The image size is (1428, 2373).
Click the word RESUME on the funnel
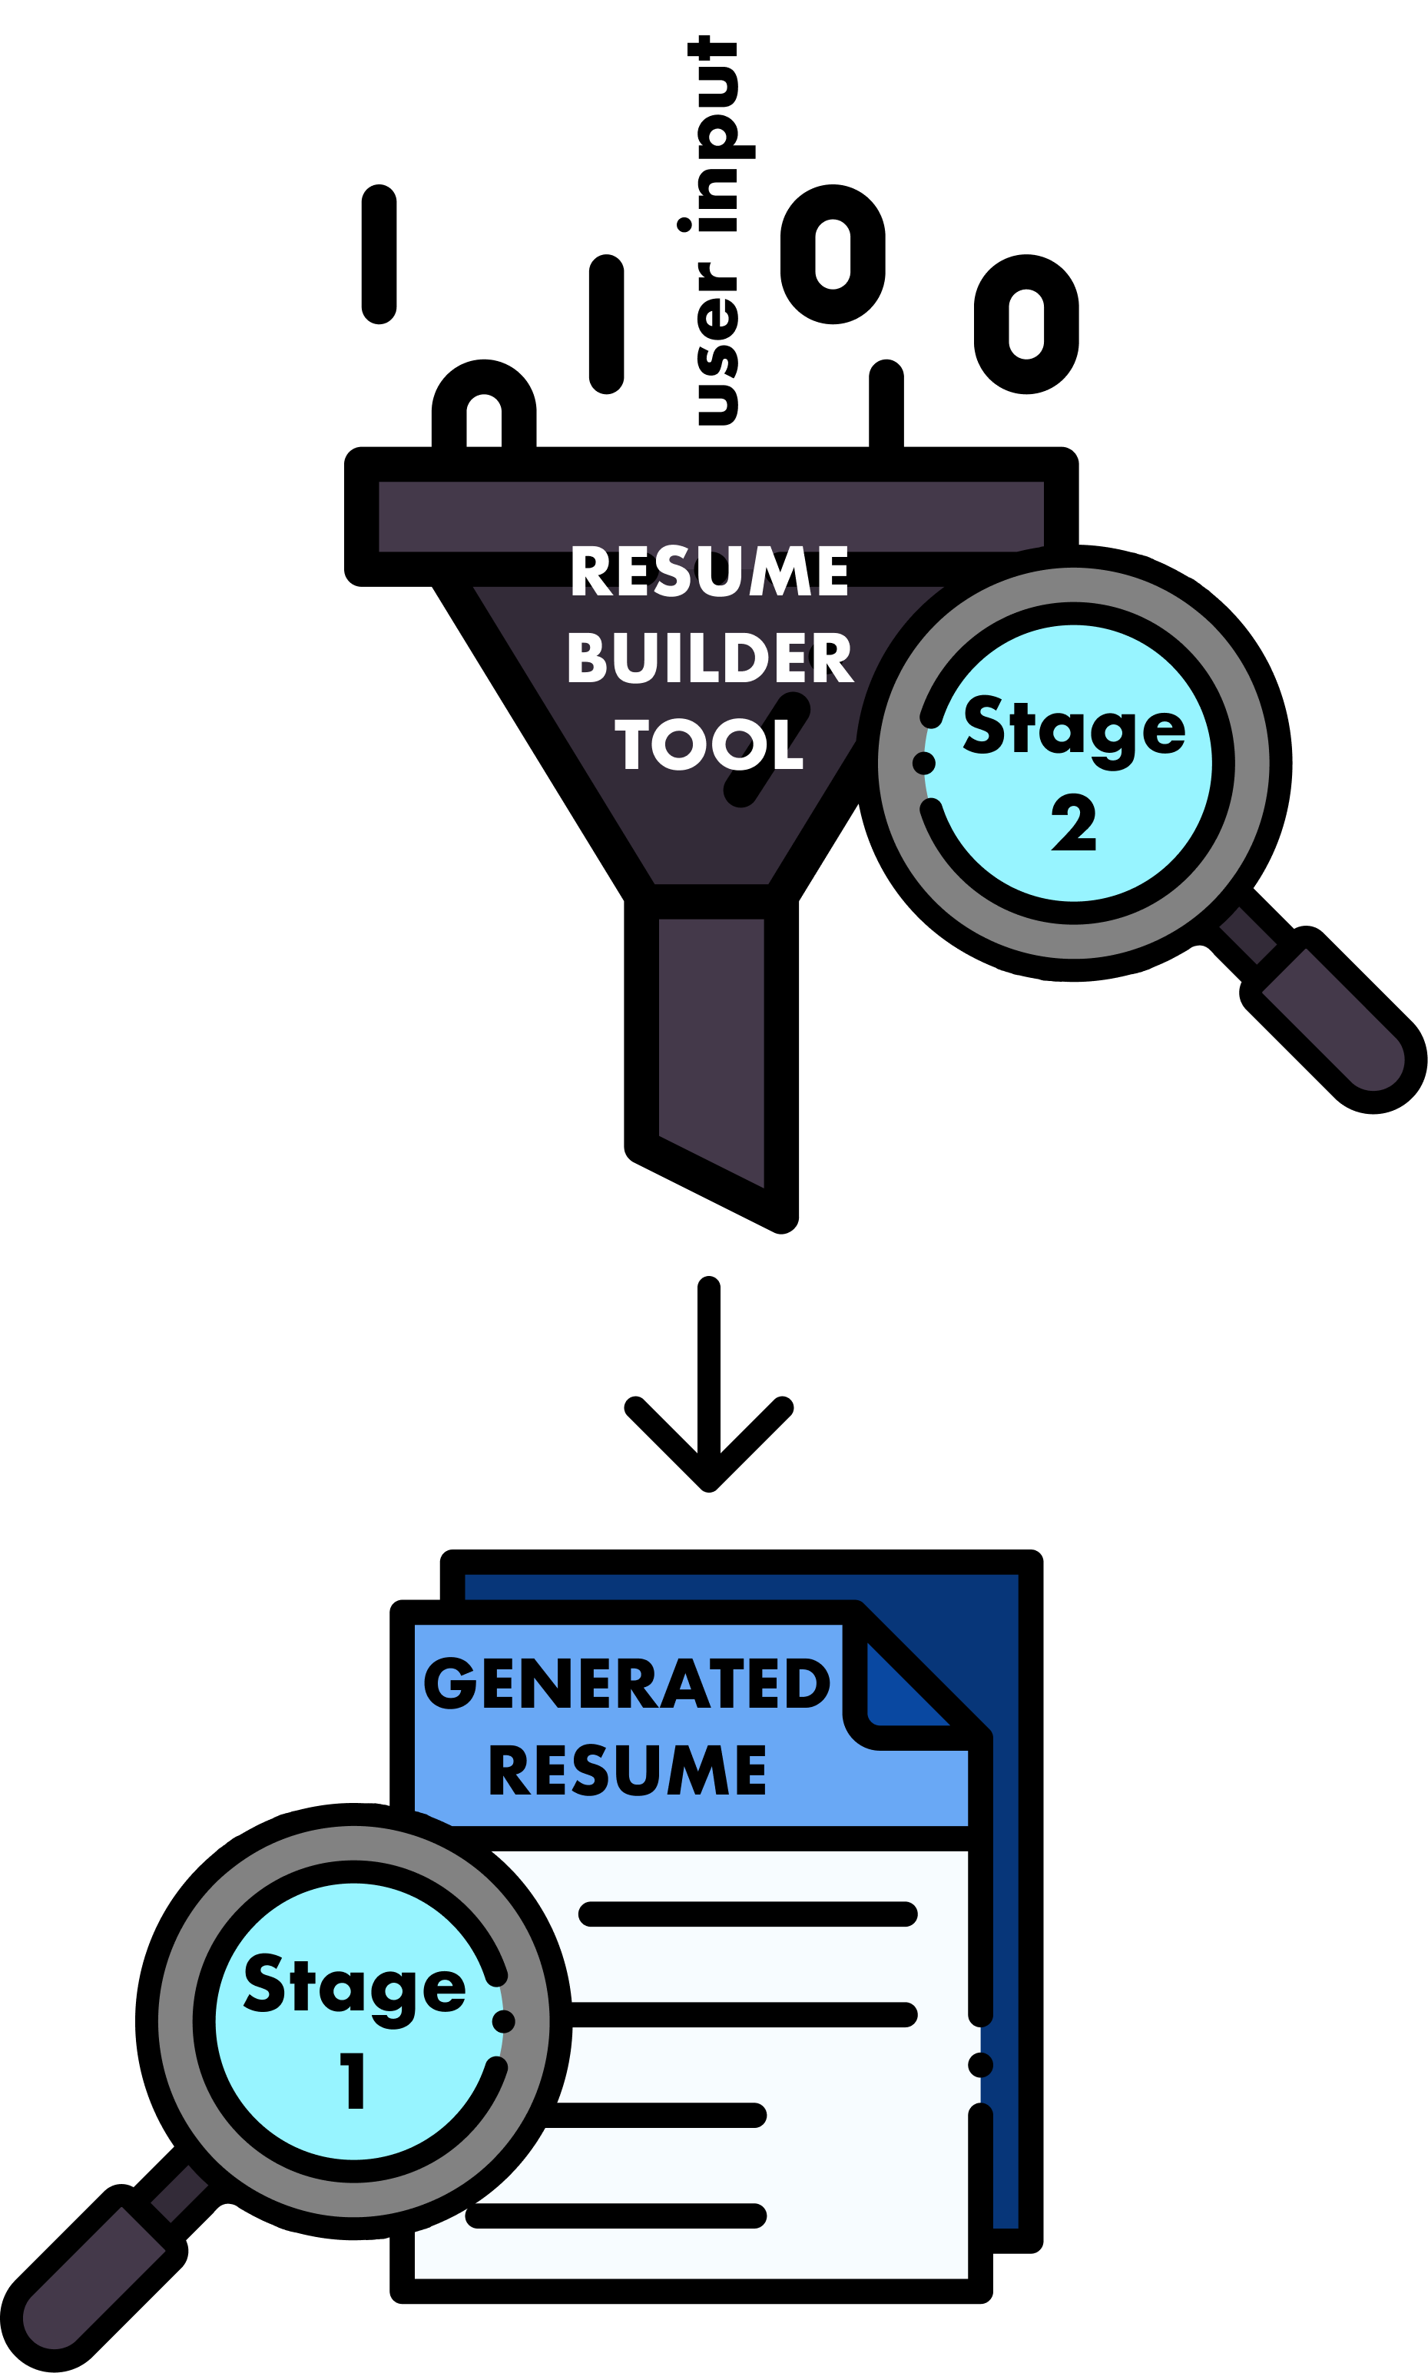pyautogui.click(x=709, y=572)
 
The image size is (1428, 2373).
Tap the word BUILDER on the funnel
pyautogui.click(x=709, y=658)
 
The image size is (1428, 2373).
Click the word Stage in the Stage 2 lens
pyautogui.click(x=1074, y=728)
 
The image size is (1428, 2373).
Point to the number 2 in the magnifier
pyautogui.click(x=1074, y=823)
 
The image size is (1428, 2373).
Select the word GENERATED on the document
pyautogui.click(x=627, y=1683)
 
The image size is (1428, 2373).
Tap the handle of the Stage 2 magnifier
pyautogui.click(x=1333, y=1019)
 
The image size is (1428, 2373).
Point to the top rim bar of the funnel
pyautogui.click(x=711, y=515)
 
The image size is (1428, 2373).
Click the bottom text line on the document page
pyautogui.click(x=616, y=2216)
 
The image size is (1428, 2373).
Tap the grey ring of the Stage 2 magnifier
pyautogui.click(x=1074, y=585)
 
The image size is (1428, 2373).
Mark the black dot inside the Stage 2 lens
pyautogui.click(x=924, y=763)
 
